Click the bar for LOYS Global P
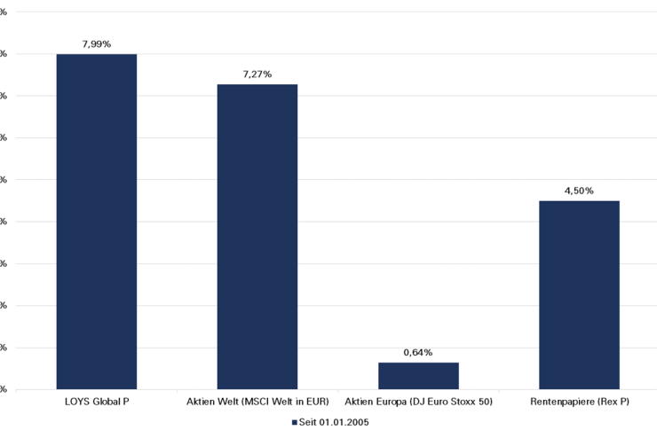click(96, 222)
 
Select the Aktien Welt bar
click(257, 237)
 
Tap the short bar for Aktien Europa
click(418, 376)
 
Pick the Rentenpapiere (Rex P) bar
click(579, 294)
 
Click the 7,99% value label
click(96, 44)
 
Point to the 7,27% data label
click(257, 74)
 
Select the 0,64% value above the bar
click(418, 352)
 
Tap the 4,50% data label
click(579, 191)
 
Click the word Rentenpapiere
click(561, 403)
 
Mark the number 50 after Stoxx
click(484, 403)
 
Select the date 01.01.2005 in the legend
click(343, 422)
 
